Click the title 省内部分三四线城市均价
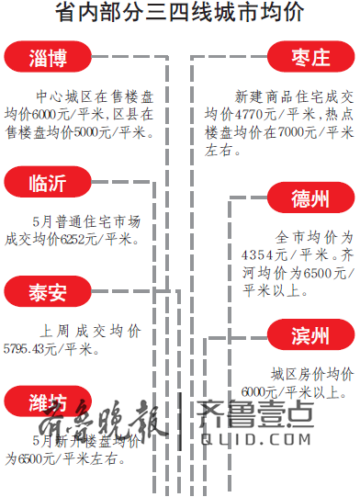[x=180, y=13]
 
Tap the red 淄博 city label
[x=48, y=59]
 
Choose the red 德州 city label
[x=309, y=198]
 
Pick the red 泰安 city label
[x=48, y=292]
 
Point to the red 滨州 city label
[x=309, y=336]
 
